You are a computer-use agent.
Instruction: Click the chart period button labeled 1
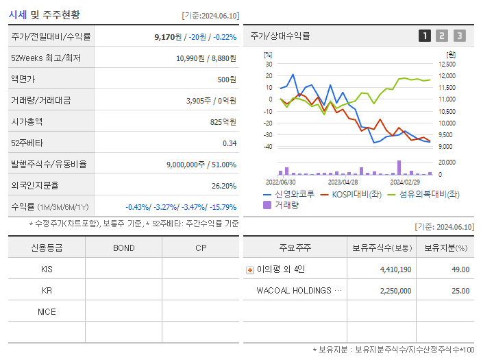(x=425, y=36)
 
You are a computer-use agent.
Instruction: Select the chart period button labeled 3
(x=459, y=36)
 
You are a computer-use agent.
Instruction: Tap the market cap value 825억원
(x=222, y=122)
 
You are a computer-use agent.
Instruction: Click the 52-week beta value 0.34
(x=229, y=143)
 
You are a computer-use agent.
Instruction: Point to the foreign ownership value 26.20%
(x=223, y=186)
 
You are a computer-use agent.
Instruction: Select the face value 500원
(x=225, y=80)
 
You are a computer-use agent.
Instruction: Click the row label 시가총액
(x=27, y=122)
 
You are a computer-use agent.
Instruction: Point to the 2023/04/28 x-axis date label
(x=343, y=182)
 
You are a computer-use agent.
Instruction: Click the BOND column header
(x=123, y=248)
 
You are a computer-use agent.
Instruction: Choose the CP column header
(x=200, y=248)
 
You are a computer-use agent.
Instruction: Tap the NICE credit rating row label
(x=47, y=312)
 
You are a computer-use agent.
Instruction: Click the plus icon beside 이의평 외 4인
(x=250, y=270)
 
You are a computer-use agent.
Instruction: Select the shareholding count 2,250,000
(x=395, y=291)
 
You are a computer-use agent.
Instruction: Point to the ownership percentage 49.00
(x=460, y=270)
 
